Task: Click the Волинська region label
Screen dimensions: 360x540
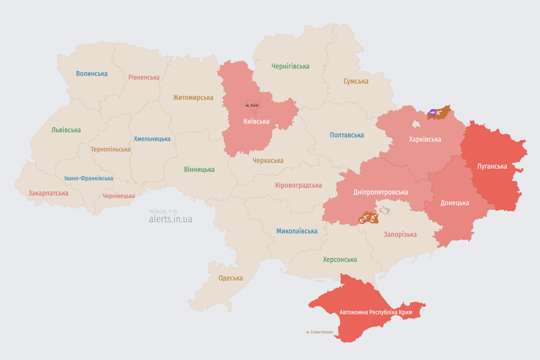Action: (91, 74)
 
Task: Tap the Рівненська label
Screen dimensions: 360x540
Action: (144, 77)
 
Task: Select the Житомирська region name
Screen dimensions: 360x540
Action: (193, 97)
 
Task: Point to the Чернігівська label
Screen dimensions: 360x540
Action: (290, 66)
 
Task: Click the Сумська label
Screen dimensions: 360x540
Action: (356, 81)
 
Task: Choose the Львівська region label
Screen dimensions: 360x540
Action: (66, 130)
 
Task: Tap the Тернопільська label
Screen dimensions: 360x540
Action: (111, 149)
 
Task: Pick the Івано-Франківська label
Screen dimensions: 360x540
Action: (89, 178)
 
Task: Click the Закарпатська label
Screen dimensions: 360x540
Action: (48, 193)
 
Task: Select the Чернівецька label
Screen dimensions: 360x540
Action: (119, 196)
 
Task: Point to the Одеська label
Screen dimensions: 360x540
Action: (231, 278)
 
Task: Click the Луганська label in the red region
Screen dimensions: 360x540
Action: (492, 166)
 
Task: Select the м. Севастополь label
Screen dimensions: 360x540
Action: (319, 332)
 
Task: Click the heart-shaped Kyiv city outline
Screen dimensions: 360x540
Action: (252, 105)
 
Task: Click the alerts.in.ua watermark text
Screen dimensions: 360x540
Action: (170, 219)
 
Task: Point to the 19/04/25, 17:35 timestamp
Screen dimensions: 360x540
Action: (163, 212)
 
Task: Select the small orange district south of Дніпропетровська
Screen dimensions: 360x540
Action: (368, 218)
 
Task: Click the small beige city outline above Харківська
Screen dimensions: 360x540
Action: (416, 124)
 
